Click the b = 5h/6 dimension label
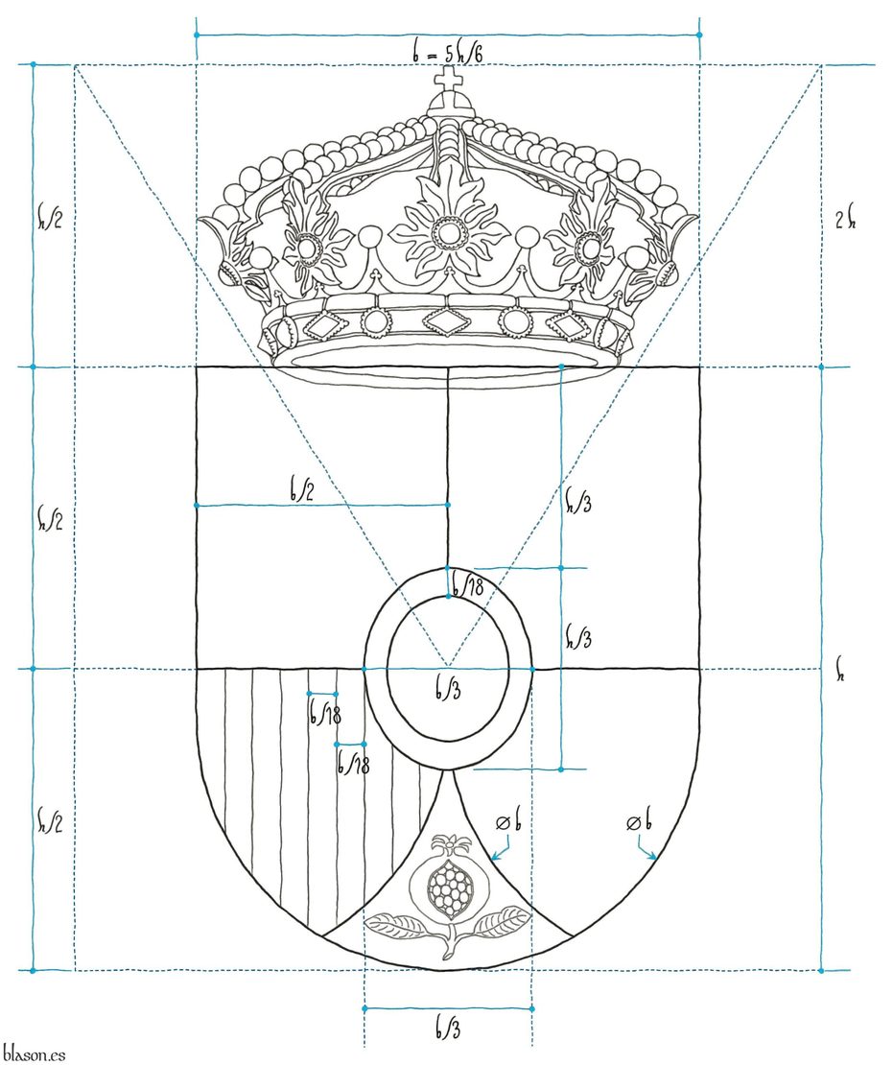pyautogui.click(x=448, y=53)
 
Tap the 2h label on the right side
pyautogui.click(x=845, y=220)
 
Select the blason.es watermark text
pyautogui.click(x=34, y=1053)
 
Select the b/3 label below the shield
pyautogui.click(x=448, y=1029)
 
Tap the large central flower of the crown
pyautogui.click(x=448, y=230)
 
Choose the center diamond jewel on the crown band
pyautogui.click(x=446, y=319)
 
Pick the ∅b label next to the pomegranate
pyautogui.click(x=508, y=822)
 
